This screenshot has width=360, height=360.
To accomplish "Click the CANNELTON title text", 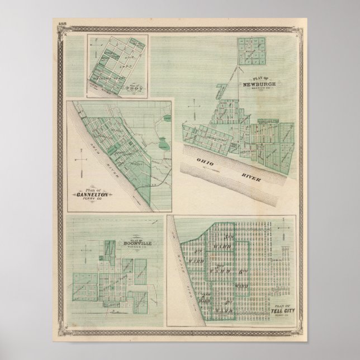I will (x=97, y=194).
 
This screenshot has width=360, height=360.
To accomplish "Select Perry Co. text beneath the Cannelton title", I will (x=98, y=200).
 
